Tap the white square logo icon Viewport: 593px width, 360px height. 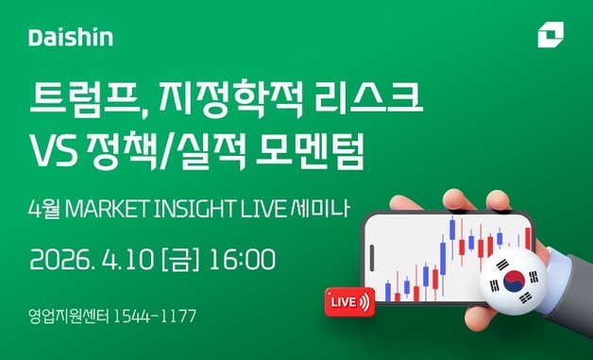click(x=549, y=36)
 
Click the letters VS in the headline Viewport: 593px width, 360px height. click(x=54, y=151)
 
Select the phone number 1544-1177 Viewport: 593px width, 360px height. click(x=154, y=316)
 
